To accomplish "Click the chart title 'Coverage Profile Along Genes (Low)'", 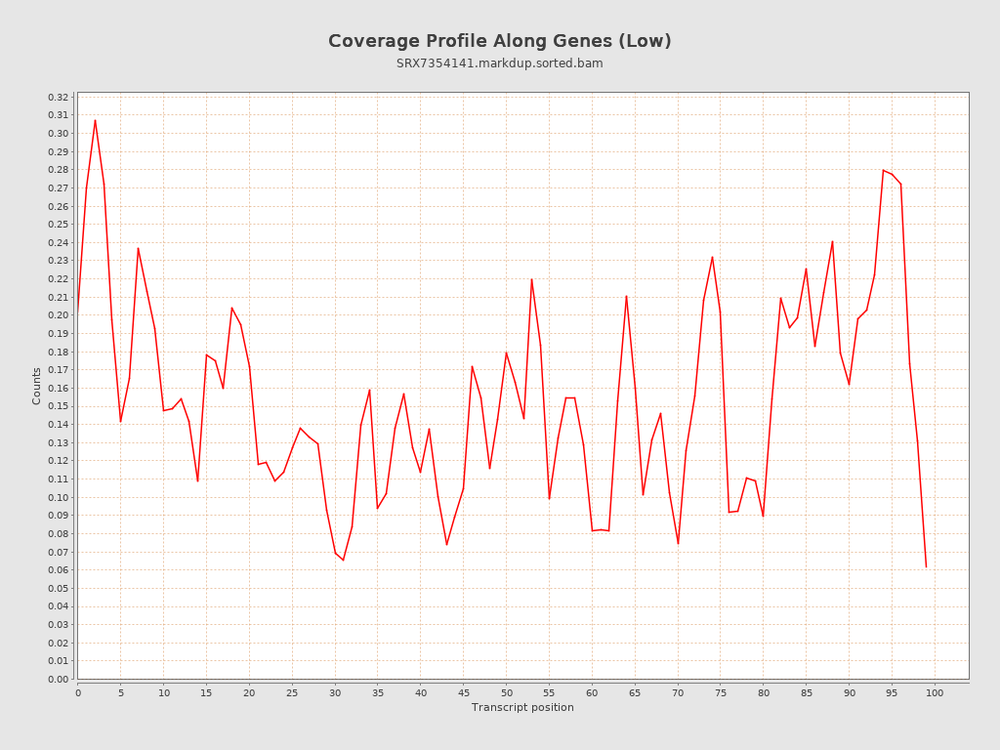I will (x=499, y=41).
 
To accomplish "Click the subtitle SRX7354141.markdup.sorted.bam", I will (x=499, y=63).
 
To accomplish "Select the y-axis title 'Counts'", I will (x=37, y=386).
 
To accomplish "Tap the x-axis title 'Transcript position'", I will (x=522, y=707).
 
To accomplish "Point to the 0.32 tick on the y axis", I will (x=59, y=98).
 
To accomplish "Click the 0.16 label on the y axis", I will (x=59, y=389).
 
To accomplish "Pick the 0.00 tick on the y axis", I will (x=59, y=679).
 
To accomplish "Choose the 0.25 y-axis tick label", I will (x=59, y=225).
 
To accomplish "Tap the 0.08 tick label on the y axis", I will (x=59, y=533).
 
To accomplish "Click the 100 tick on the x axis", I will (x=935, y=692).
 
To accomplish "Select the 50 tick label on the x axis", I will (x=506, y=692).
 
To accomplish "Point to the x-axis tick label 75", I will (x=721, y=692).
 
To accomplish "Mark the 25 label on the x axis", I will (x=292, y=692).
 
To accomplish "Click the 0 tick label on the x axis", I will (x=78, y=692).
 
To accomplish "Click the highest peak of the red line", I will (x=95, y=120).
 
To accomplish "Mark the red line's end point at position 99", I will (x=926, y=566).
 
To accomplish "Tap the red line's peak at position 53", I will (x=531, y=279).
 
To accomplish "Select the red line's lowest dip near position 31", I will (x=343, y=560).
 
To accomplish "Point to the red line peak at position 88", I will (x=832, y=241).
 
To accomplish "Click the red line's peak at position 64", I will (x=626, y=296).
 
